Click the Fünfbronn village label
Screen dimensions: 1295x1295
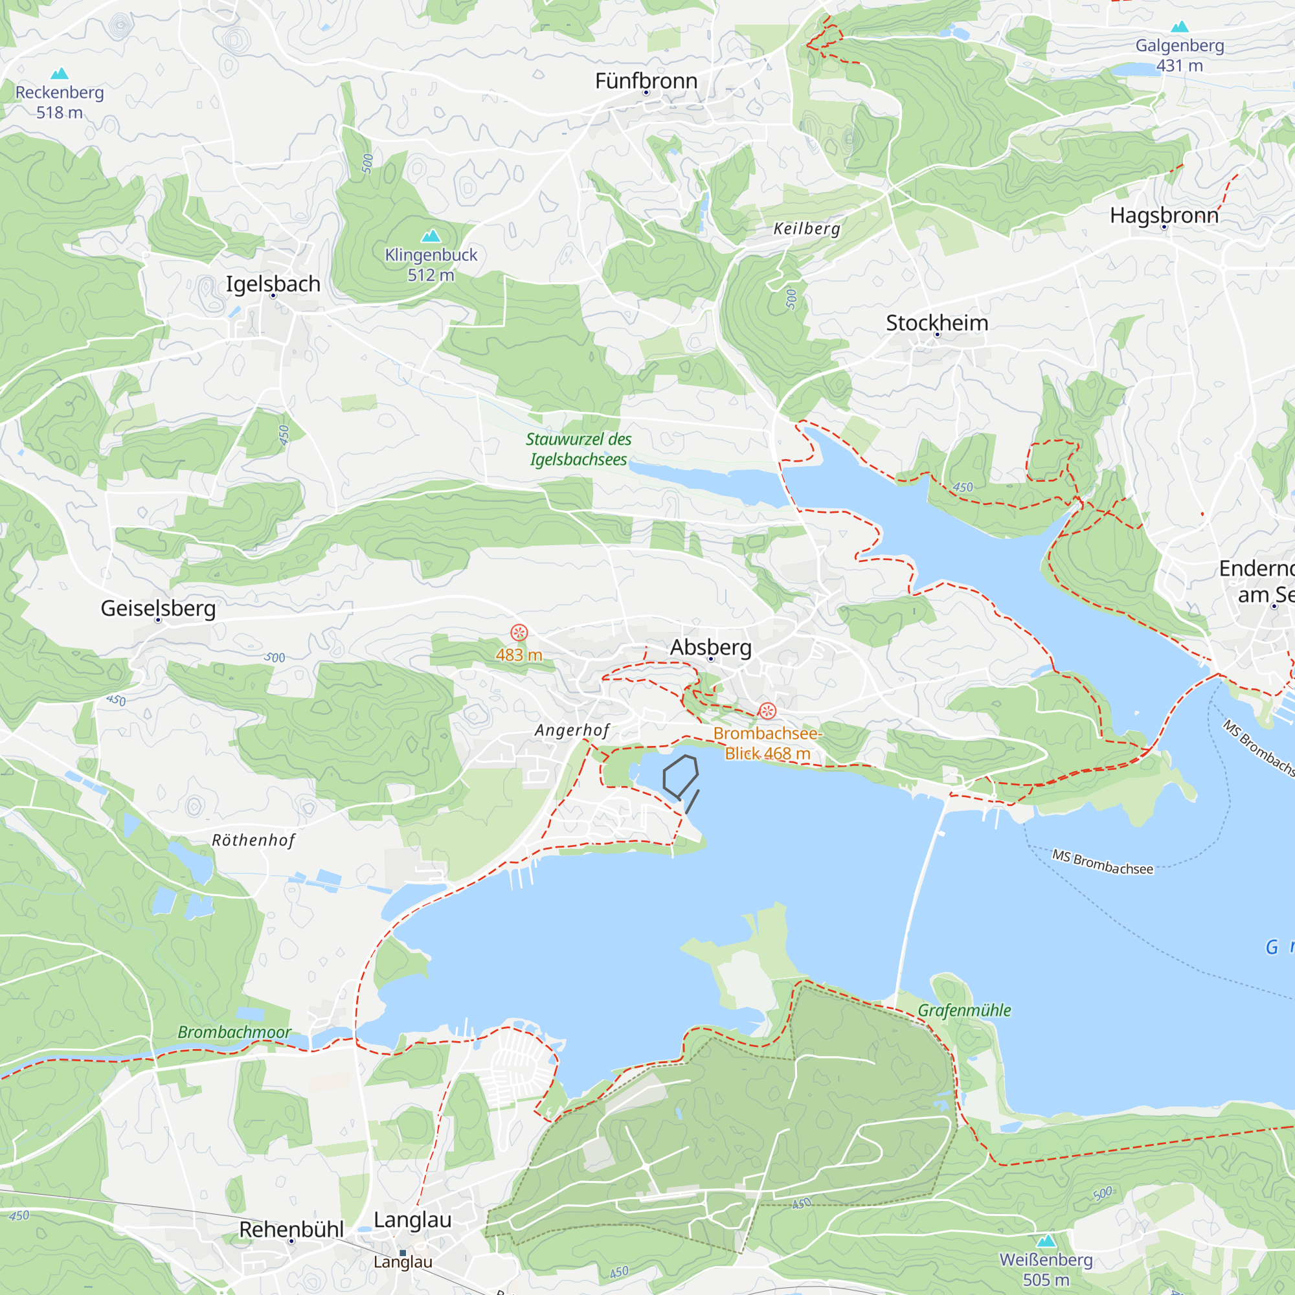pos(646,81)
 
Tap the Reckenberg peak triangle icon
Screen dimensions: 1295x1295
pos(60,73)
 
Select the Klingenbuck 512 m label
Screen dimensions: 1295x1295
pos(431,264)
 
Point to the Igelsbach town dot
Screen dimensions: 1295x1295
pos(273,296)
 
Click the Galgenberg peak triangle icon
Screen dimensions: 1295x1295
pos(1180,27)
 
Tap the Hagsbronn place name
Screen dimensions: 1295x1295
pos(1164,215)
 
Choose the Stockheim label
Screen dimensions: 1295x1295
pos(937,322)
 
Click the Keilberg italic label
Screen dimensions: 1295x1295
pos(806,229)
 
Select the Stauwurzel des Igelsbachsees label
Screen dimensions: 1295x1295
pos(578,449)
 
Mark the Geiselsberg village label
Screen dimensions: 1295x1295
pos(158,608)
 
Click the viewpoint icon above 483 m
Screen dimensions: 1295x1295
pos(519,632)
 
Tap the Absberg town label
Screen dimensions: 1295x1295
pos(710,647)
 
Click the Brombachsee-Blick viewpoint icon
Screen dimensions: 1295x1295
pos(767,710)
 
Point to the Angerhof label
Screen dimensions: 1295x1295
pos(572,730)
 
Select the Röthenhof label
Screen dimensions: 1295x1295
pos(253,840)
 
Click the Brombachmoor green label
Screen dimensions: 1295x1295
pos(234,1032)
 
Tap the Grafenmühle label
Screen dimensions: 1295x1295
pos(964,1010)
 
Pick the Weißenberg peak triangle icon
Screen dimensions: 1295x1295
pos(1046,1241)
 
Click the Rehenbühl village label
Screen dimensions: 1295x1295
pos(291,1230)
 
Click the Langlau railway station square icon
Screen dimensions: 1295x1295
pos(403,1253)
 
